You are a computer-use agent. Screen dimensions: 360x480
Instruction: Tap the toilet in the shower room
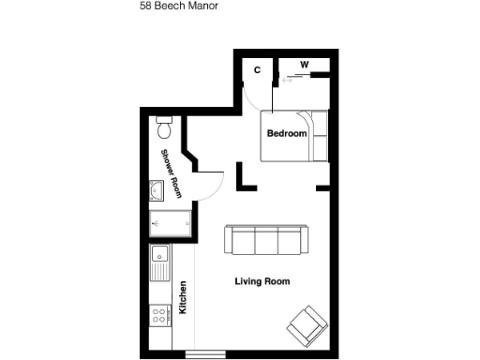point(164,125)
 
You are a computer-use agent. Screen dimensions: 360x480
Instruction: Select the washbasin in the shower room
point(157,191)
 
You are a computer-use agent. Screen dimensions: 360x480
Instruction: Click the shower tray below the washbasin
point(171,223)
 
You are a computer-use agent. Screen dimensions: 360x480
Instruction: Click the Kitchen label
point(183,298)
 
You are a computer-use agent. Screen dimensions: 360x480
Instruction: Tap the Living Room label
point(262,281)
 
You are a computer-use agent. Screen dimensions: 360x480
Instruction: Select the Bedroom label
point(287,134)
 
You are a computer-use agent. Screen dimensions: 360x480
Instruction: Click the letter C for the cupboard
point(258,69)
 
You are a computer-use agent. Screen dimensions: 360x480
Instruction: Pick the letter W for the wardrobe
point(304,64)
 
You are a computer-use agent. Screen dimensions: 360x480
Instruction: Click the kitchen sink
point(159,254)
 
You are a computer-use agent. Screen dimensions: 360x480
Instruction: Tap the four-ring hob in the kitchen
point(159,315)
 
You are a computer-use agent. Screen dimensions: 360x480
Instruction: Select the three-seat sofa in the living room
point(265,239)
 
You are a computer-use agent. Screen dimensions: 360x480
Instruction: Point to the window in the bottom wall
point(205,353)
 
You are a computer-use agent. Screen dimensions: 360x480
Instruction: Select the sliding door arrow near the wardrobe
point(288,80)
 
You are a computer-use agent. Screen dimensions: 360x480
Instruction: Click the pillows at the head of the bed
point(320,135)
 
